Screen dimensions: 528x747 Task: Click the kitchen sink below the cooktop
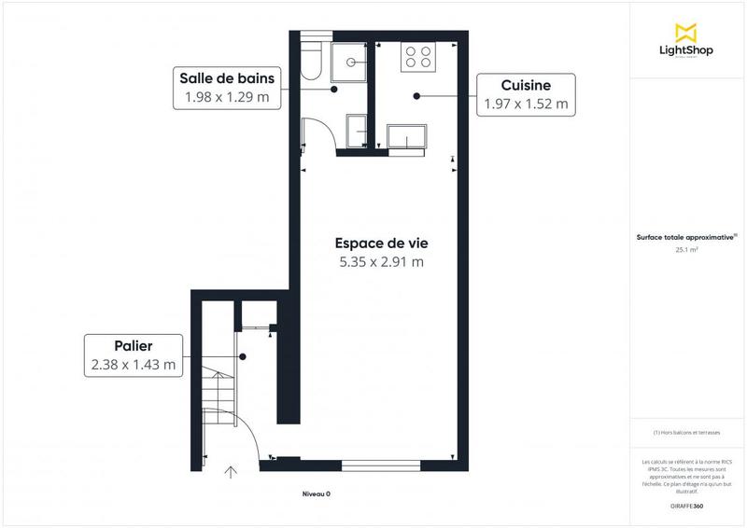(407, 136)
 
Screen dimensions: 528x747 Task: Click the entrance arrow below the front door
(231, 474)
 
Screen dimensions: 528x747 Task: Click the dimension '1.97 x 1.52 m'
(525, 104)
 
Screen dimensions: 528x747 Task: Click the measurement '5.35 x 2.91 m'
(381, 262)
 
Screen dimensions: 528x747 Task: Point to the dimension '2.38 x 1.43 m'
(133, 366)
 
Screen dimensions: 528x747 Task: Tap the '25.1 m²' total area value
(687, 250)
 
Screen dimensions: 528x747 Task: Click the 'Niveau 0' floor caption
(316, 493)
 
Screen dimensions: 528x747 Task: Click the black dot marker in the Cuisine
(416, 94)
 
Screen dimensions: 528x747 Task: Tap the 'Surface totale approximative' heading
(686, 237)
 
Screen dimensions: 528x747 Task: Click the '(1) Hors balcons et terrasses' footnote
(686, 432)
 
